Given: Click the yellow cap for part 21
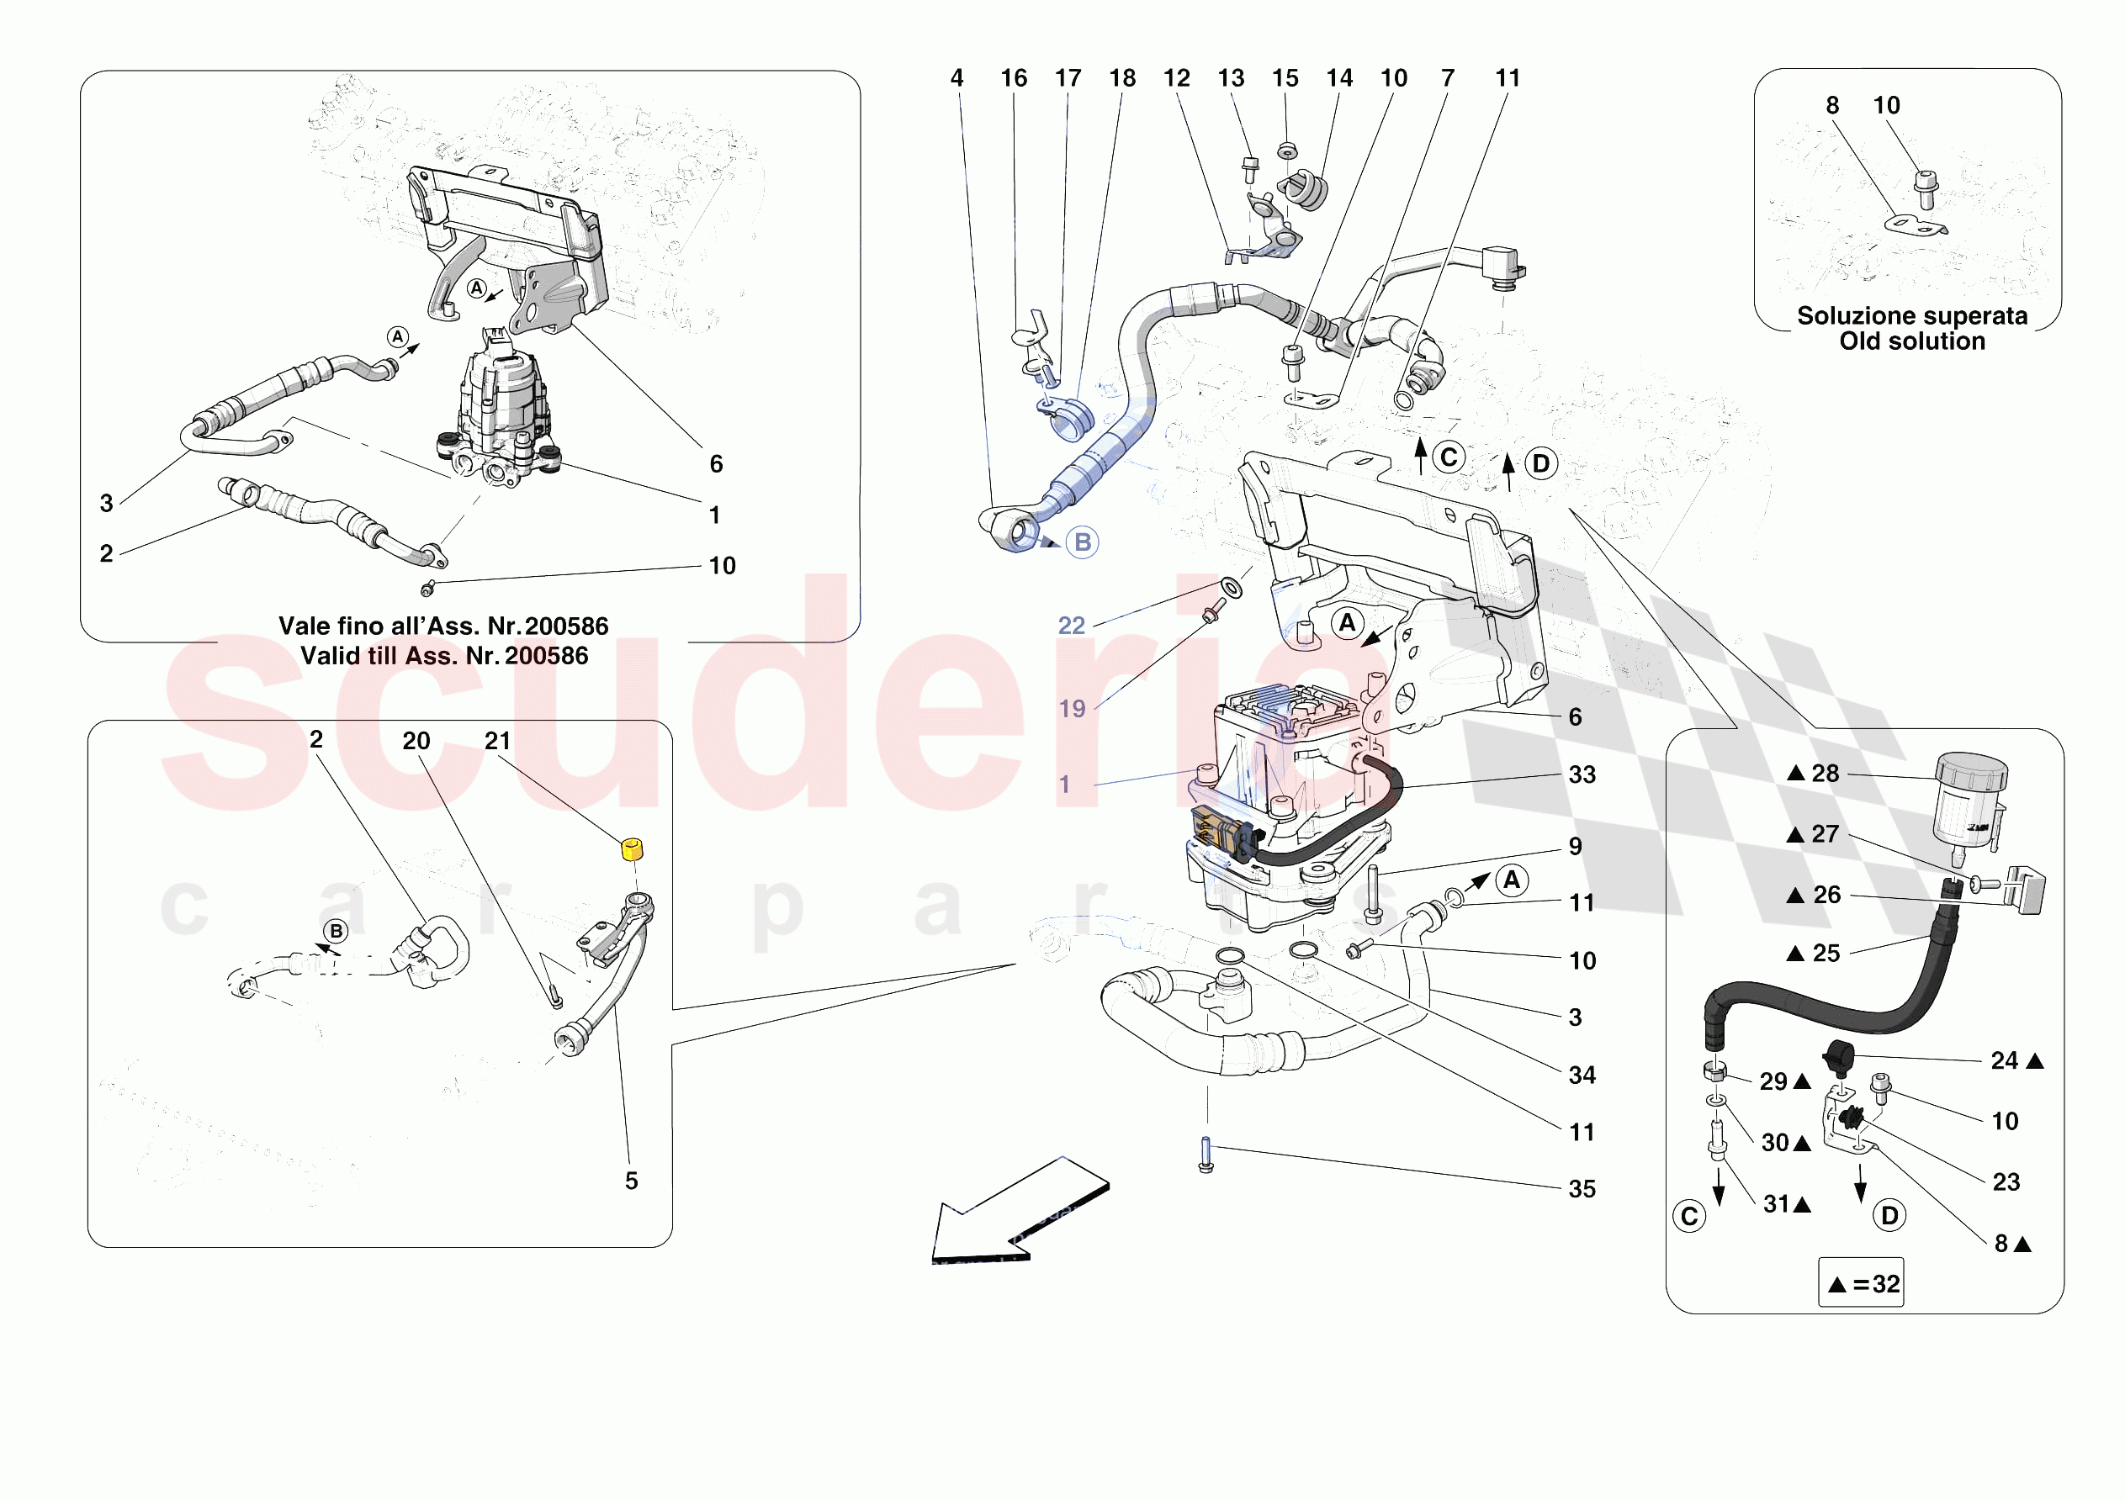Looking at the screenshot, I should (631, 848).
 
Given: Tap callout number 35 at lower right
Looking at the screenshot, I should (1582, 1189).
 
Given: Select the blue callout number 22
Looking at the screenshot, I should (1071, 626).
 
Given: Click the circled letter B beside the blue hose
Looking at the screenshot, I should (1082, 542).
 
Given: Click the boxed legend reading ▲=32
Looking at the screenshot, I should (1860, 1283).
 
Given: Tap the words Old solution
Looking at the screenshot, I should (1911, 341).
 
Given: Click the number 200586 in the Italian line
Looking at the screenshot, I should (566, 626).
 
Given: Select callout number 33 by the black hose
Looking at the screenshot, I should (1582, 774).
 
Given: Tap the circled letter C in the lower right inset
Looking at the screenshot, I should (1689, 1216).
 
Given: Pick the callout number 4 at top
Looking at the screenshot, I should (957, 79).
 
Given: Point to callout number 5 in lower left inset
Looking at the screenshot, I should (631, 1181).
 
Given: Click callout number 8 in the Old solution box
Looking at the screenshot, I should (1831, 105).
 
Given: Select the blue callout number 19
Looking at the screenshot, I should (1072, 709).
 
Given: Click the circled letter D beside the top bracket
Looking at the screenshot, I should (1541, 463).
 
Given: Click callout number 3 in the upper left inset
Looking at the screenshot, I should (107, 504).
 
